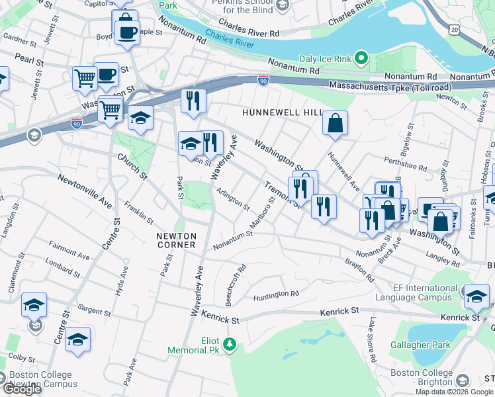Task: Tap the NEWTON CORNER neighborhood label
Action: click(x=176, y=240)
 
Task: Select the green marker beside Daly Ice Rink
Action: click(x=361, y=60)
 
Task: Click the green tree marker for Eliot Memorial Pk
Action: click(x=230, y=344)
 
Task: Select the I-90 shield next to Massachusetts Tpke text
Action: click(x=263, y=80)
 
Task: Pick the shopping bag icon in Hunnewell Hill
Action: click(x=336, y=123)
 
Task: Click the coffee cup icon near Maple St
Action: click(x=127, y=31)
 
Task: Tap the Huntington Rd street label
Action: click(x=276, y=294)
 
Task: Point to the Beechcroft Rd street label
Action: click(x=236, y=285)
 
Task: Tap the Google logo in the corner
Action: click(x=22, y=389)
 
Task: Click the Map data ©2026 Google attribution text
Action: click(x=454, y=392)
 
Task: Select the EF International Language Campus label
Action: click(x=416, y=293)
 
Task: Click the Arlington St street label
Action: click(x=234, y=199)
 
